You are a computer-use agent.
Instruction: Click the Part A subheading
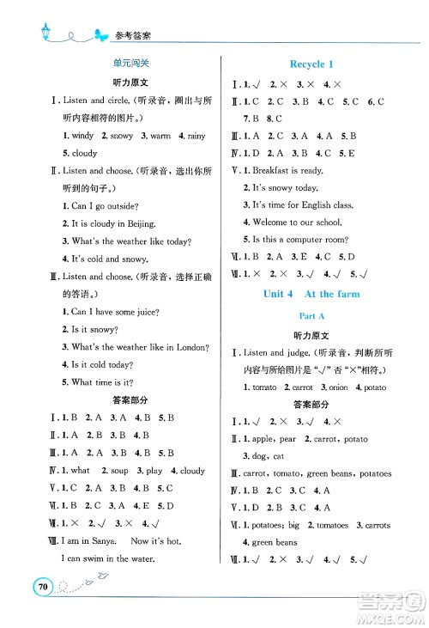click(311, 315)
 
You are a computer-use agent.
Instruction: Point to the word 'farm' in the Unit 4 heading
click(345, 294)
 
